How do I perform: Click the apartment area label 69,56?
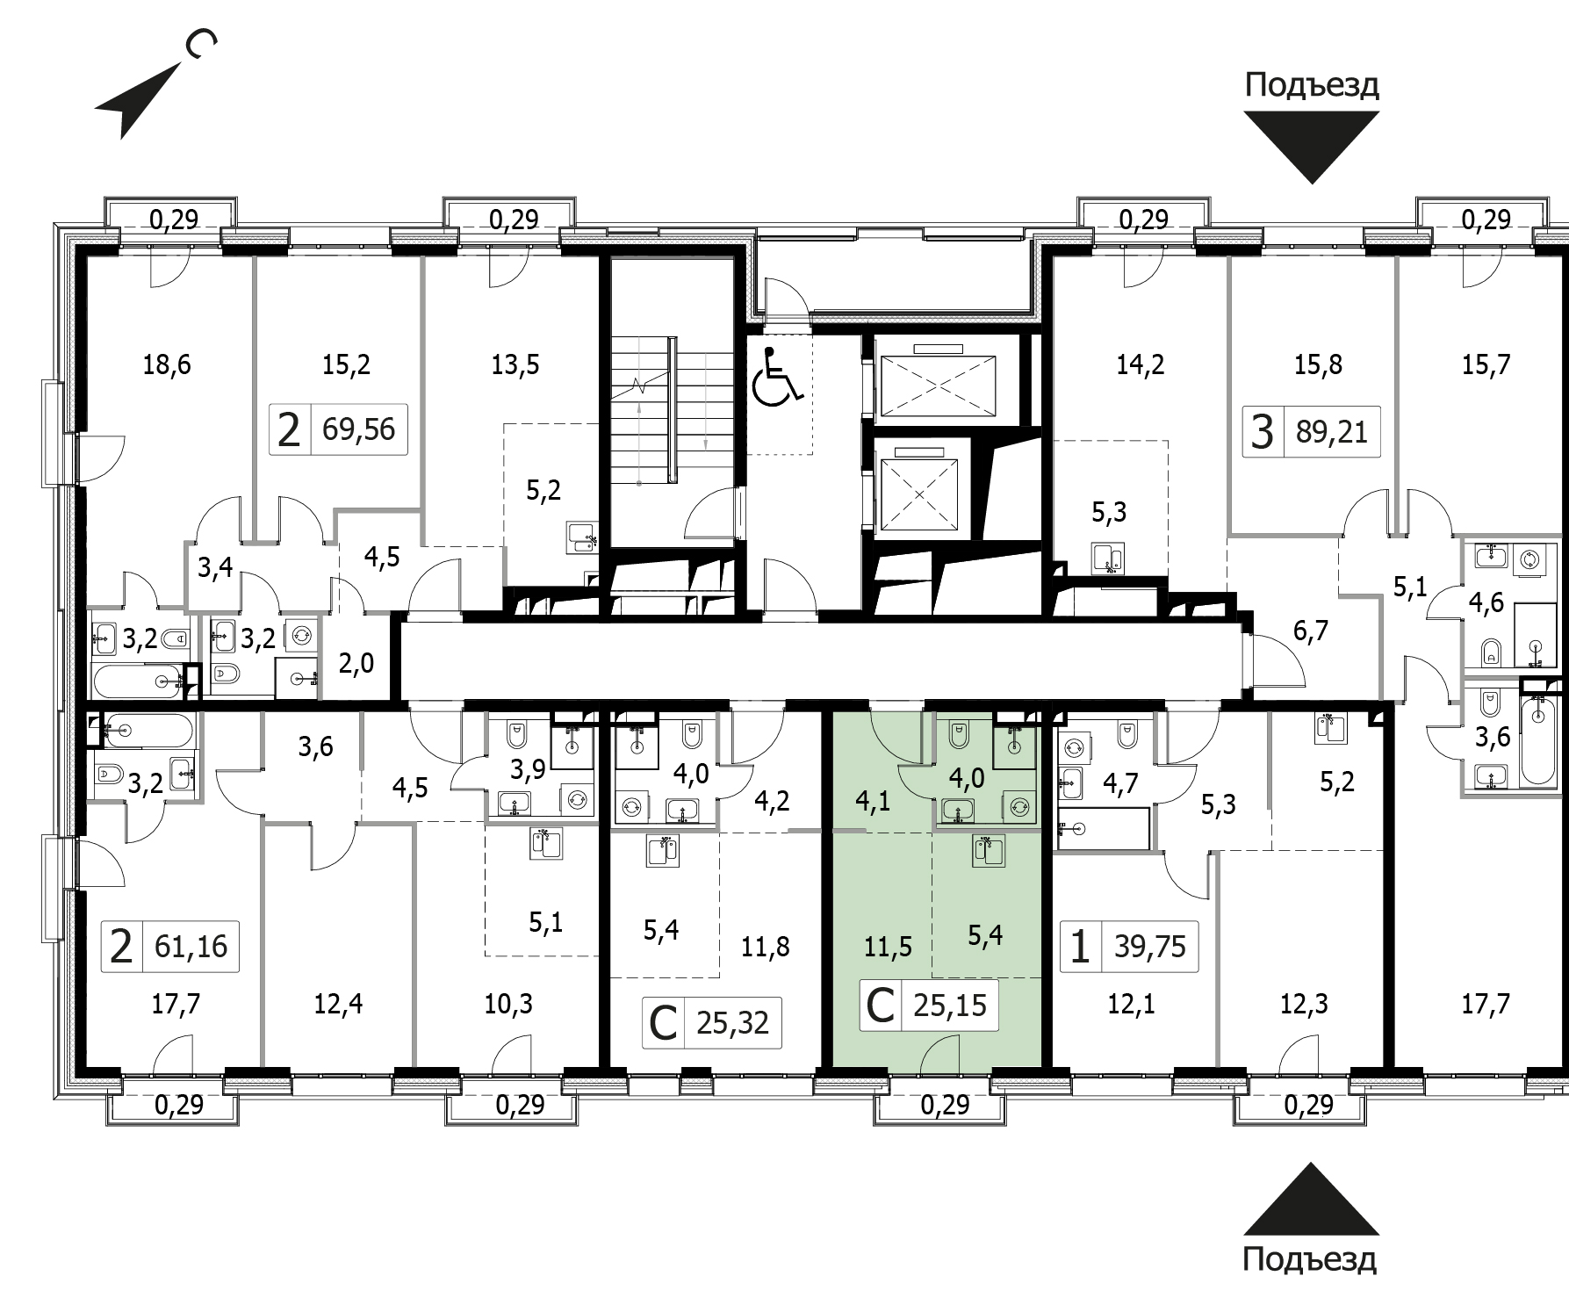coord(359,430)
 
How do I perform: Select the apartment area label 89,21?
coord(1332,432)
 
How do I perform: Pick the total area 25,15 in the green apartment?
coord(950,1005)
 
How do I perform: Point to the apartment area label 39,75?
coord(1150,946)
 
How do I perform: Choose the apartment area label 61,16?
coord(191,946)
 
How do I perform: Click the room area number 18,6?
coord(167,364)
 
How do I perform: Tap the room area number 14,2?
coord(1140,364)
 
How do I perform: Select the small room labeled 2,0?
coord(356,663)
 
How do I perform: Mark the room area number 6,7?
coord(1310,631)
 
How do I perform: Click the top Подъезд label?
coord(1312,86)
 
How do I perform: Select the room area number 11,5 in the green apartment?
coord(888,946)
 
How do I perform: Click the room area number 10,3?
coord(508,1004)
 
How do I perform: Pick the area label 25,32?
coord(732,1022)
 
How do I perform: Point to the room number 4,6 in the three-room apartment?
coord(1486,602)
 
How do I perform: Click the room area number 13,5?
coord(515,364)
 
